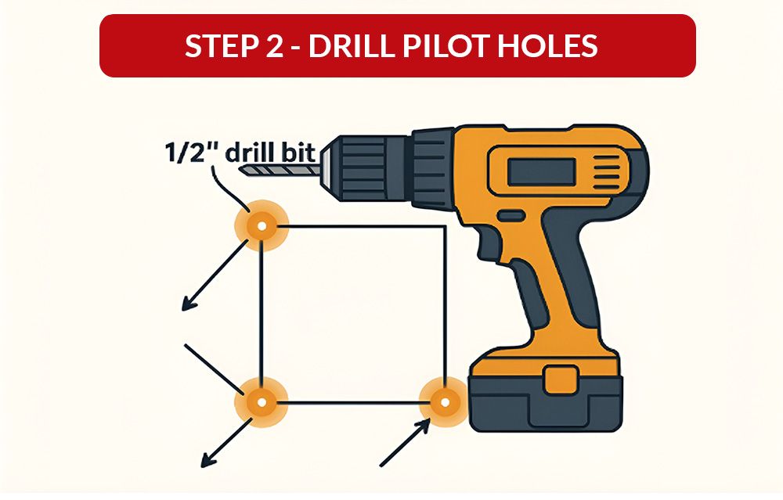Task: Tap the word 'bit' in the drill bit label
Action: pyautogui.click(x=299, y=152)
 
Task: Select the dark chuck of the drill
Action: pyautogui.click(x=368, y=164)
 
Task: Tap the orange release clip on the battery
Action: pyautogui.click(x=558, y=378)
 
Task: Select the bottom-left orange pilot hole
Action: pyautogui.click(x=262, y=404)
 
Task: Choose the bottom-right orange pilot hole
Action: pyautogui.click(x=444, y=403)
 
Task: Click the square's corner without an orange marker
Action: pyautogui.click(x=445, y=228)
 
